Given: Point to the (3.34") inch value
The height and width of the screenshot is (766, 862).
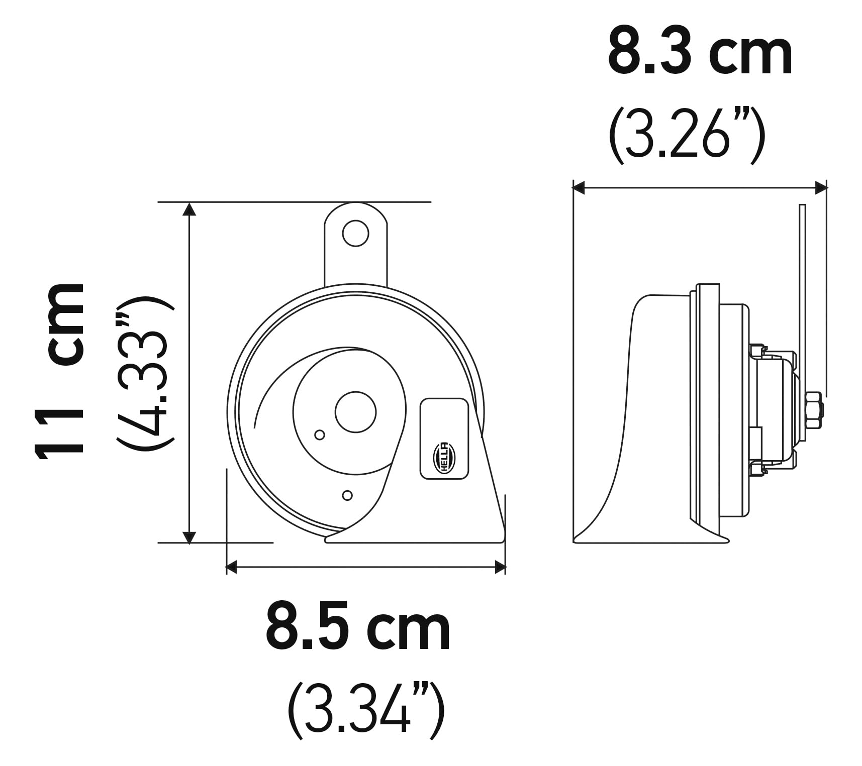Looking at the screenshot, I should pos(366,709).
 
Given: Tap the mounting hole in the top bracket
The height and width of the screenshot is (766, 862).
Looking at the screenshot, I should pos(355,233).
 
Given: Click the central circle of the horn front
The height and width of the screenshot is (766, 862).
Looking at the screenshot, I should pos(355,412).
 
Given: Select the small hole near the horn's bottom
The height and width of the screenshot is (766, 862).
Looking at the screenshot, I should pos(347,496).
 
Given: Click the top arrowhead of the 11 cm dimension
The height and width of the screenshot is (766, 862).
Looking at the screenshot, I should pos(189,208).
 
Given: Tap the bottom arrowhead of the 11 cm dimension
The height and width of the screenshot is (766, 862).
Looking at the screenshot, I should pos(189,537).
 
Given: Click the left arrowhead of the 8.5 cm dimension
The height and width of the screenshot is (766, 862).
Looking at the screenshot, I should pos(232,568).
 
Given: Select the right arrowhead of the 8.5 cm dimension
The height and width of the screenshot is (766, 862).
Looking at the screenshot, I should pos(500,568).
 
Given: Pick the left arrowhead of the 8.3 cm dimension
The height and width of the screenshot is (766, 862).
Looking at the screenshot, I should pos(579,188).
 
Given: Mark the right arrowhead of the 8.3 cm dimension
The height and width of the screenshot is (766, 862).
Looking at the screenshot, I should pos(821,188).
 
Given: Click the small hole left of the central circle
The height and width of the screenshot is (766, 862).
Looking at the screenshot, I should pos(319,435).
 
